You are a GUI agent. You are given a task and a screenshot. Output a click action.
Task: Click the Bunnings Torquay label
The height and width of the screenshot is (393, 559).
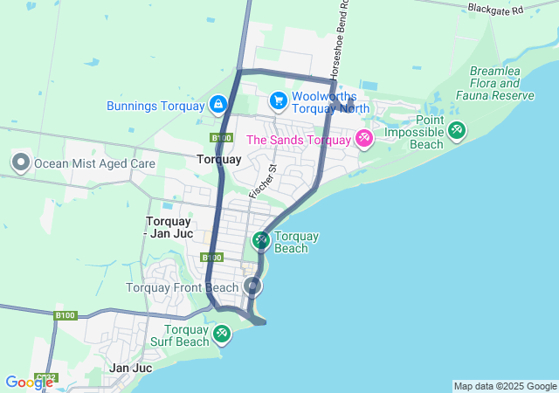(x=155, y=106)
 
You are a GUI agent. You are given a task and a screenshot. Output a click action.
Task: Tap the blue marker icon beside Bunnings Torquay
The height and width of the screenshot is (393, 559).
(x=217, y=106)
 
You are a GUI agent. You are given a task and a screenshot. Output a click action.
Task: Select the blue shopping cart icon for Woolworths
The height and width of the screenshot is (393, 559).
(x=278, y=101)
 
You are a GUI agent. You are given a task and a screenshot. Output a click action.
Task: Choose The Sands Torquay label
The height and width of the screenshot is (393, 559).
(x=299, y=140)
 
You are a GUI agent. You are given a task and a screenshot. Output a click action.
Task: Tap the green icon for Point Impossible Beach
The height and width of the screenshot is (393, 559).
(x=456, y=130)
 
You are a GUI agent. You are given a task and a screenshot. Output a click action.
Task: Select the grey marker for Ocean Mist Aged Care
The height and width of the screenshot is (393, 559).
(x=20, y=162)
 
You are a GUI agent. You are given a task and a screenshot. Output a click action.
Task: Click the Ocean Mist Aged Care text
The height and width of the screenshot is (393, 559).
(x=94, y=163)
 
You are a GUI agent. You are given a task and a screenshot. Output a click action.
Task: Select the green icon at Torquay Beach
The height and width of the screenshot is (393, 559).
(x=260, y=239)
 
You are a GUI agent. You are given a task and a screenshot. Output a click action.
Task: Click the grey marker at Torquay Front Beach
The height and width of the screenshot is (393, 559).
(x=253, y=286)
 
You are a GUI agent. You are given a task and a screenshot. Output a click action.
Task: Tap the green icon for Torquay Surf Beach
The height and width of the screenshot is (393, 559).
(x=222, y=333)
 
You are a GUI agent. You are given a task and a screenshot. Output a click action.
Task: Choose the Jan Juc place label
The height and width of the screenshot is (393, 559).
(x=131, y=369)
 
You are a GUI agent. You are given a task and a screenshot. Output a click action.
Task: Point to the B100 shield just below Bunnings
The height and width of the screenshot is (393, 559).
(x=221, y=138)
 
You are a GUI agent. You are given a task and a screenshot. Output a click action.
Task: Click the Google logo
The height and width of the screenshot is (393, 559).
(x=29, y=382)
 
